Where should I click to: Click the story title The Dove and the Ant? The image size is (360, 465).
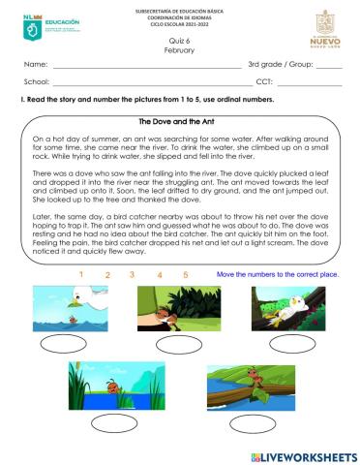click(180, 122)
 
